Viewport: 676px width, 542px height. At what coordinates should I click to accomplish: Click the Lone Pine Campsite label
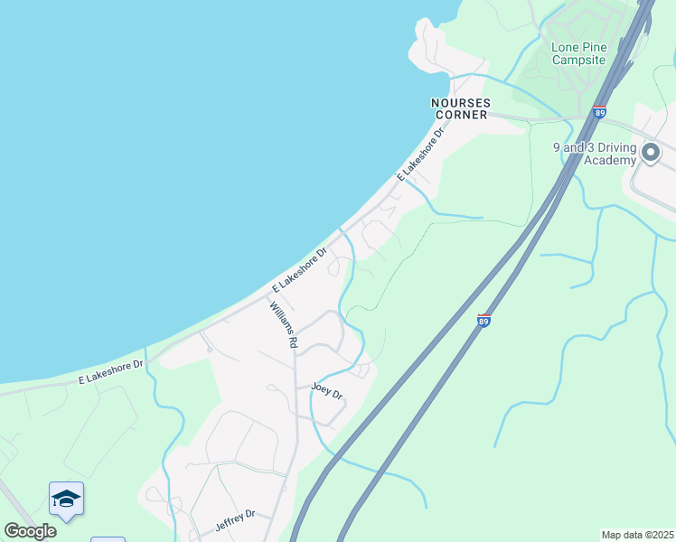578,53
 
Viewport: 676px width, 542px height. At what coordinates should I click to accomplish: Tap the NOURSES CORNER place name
461,108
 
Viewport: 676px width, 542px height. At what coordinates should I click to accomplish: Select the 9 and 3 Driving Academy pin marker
652,153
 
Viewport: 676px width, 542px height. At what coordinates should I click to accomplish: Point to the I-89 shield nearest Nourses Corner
599,113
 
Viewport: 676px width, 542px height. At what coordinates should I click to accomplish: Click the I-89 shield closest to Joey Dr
484,320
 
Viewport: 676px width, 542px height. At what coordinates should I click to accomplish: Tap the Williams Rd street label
282,325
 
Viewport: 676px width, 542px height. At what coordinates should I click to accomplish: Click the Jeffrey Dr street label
235,519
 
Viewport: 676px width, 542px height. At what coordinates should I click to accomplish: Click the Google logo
30,531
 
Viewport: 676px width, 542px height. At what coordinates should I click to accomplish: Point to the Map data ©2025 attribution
637,535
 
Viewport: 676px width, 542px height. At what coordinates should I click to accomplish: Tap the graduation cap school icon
66,499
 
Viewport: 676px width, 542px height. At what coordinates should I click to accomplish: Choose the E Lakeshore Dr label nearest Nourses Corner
422,155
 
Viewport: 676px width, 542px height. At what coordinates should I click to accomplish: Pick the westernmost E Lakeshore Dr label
111,371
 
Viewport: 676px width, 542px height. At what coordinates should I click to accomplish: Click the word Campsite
578,60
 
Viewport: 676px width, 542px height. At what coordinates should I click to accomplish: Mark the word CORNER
461,115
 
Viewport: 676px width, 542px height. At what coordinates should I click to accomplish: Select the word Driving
615,147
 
